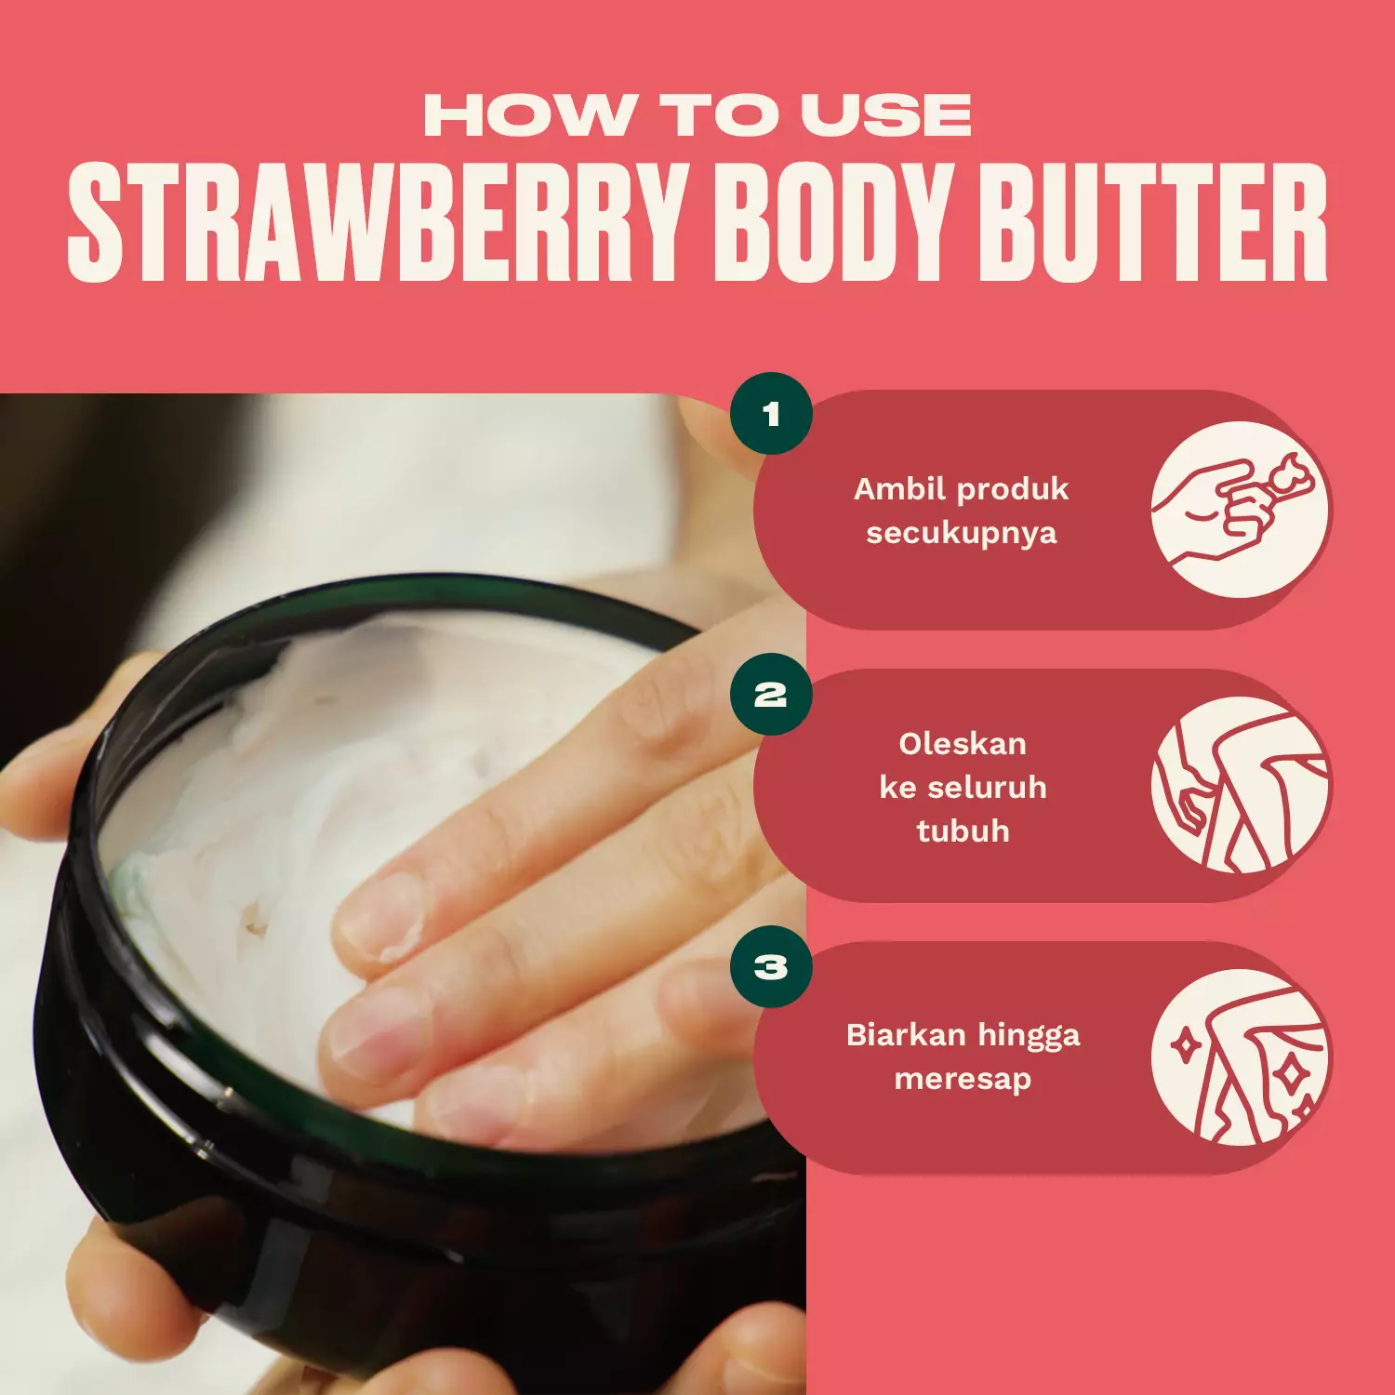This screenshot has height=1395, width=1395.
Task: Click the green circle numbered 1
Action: point(771,414)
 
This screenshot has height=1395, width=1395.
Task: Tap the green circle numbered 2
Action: point(771,695)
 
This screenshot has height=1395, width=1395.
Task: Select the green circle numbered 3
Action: point(771,967)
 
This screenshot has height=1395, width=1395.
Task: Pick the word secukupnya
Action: point(962,534)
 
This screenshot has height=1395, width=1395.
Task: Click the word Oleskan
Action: point(963,744)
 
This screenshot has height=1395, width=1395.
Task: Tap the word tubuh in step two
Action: point(963,830)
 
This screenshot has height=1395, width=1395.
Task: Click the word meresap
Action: point(963,1079)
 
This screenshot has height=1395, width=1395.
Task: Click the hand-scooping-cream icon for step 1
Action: point(1241,510)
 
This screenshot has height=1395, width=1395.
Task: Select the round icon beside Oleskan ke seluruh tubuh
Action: point(1241,785)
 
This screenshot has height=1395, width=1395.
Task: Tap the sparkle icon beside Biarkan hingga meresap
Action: point(1241,1058)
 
